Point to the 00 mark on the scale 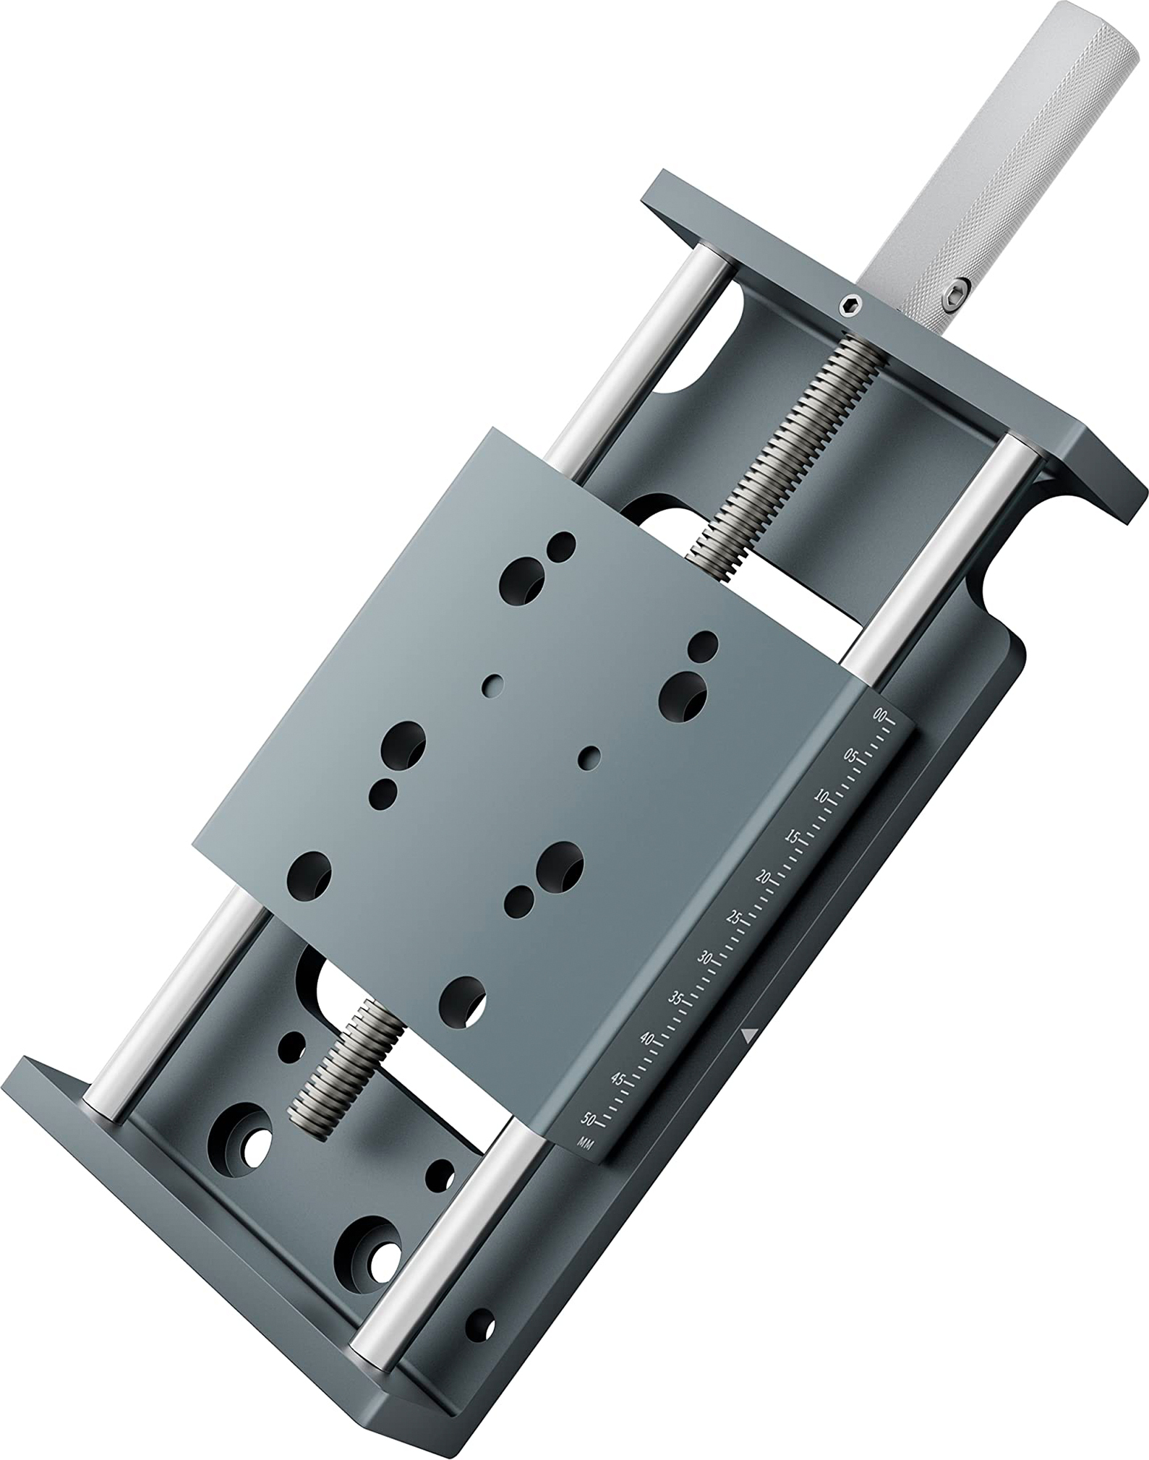[x=879, y=715]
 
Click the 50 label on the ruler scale [x=588, y=1120]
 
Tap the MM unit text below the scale [x=585, y=1143]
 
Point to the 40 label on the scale [x=646, y=1038]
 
